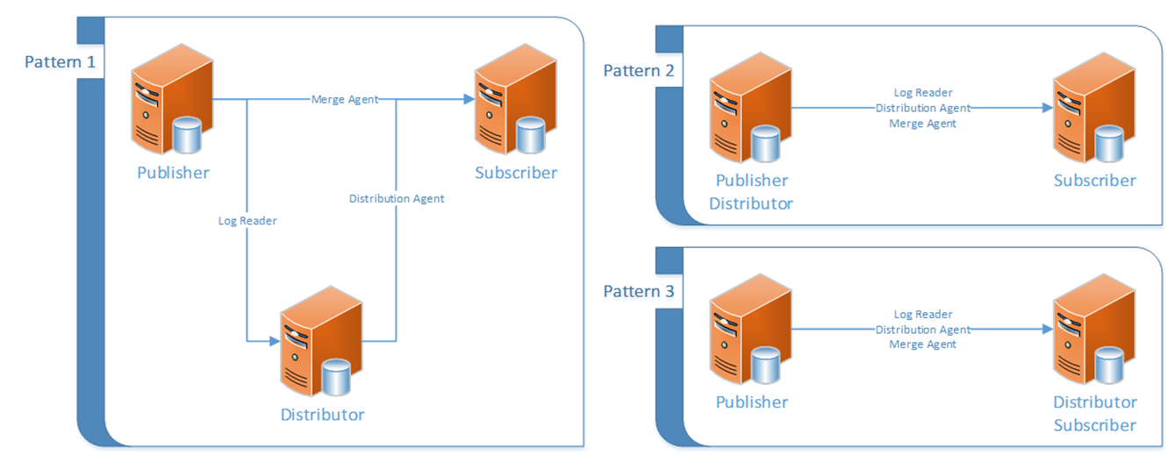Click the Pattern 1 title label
click(59, 62)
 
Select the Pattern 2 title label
click(638, 71)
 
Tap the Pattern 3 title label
click(638, 291)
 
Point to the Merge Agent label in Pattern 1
click(345, 99)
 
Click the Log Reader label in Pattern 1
click(247, 221)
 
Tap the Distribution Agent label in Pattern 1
click(397, 198)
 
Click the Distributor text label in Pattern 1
click(322, 414)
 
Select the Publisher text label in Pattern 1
click(173, 173)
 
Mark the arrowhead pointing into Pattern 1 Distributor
click(271, 340)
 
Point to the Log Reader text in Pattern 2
click(922, 92)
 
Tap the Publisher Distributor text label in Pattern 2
click(751, 192)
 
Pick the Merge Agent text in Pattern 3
click(922, 345)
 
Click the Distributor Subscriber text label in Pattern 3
click(1094, 414)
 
